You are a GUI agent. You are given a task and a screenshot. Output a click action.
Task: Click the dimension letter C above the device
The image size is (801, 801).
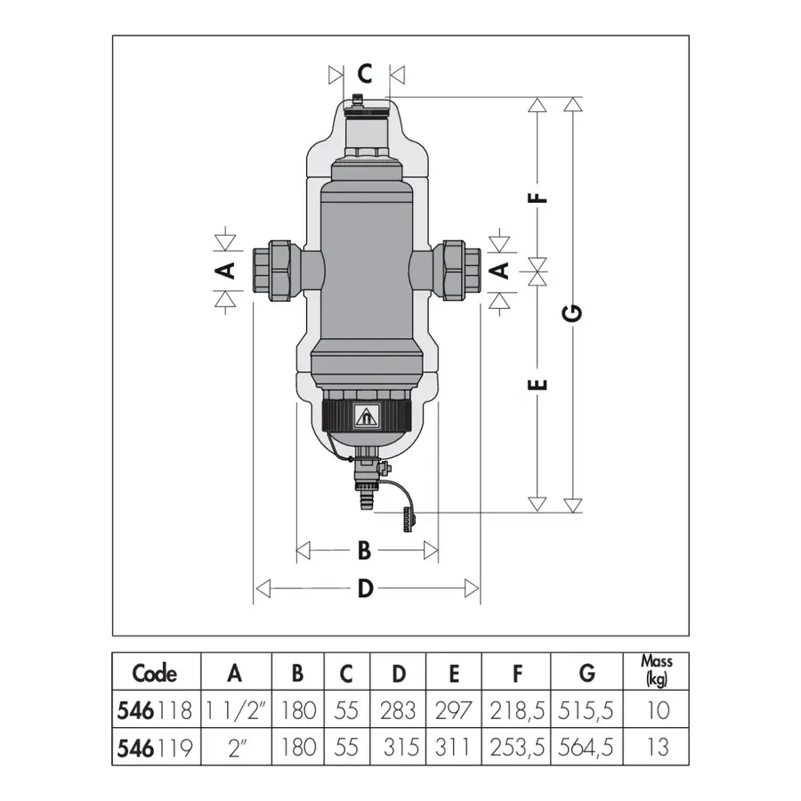coord(365,74)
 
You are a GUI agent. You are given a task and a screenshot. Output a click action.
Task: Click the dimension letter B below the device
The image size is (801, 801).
coord(364,551)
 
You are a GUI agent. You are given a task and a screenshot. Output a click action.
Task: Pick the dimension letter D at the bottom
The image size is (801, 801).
coord(365,588)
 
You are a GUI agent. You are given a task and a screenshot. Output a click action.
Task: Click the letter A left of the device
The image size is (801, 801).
coord(225,270)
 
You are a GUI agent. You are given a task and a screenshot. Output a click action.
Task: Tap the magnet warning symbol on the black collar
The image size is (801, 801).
coord(365,417)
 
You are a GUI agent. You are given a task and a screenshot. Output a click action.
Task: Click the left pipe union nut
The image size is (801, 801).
coord(272,271)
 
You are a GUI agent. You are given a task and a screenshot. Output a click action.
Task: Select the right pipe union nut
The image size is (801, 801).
coord(461,271)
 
